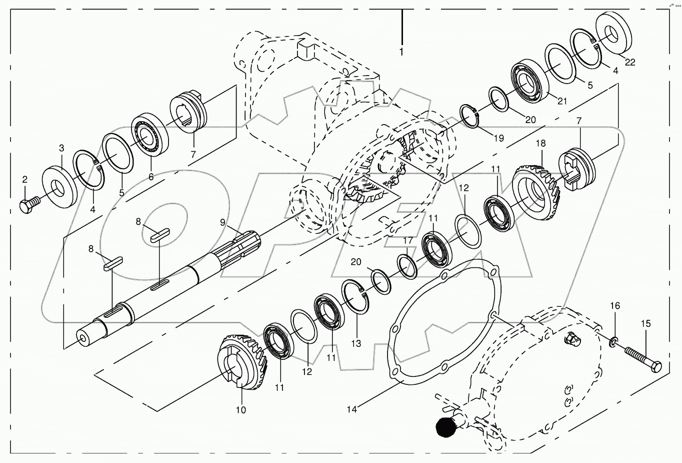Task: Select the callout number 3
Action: pyautogui.click(x=61, y=148)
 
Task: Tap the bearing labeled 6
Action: pyautogui.click(x=149, y=135)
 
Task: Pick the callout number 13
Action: pyautogui.click(x=356, y=344)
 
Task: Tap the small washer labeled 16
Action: pyautogui.click(x=613, y=342)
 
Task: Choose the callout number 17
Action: pyautogui.click(x=408, y=240)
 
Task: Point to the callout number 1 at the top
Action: pyautogui.click(x=401, y=52)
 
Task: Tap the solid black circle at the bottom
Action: pyautogui.click(x=446, y=427)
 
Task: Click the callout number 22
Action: pyautogui.click(x=630, y=62)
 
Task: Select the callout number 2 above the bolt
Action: pyautogui.click(x=24, y=179)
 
